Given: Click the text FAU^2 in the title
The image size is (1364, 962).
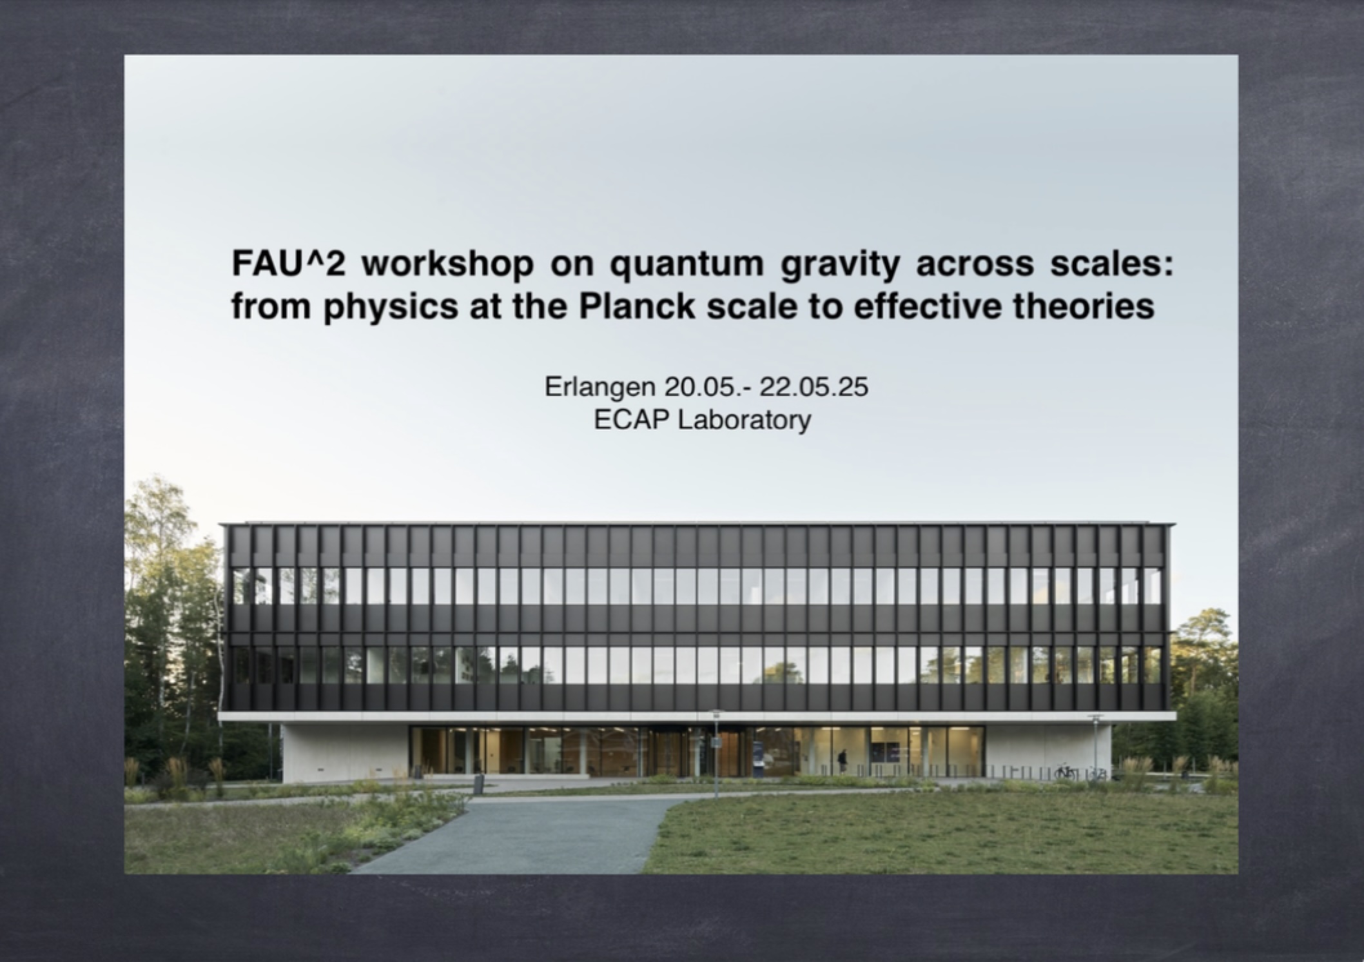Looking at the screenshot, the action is click(289, 266).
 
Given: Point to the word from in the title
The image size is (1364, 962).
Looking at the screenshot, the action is click(273, 307).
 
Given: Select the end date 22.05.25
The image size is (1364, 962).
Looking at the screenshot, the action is click(814, 388).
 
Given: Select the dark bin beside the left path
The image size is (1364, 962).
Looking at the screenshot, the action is click(478, 783).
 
